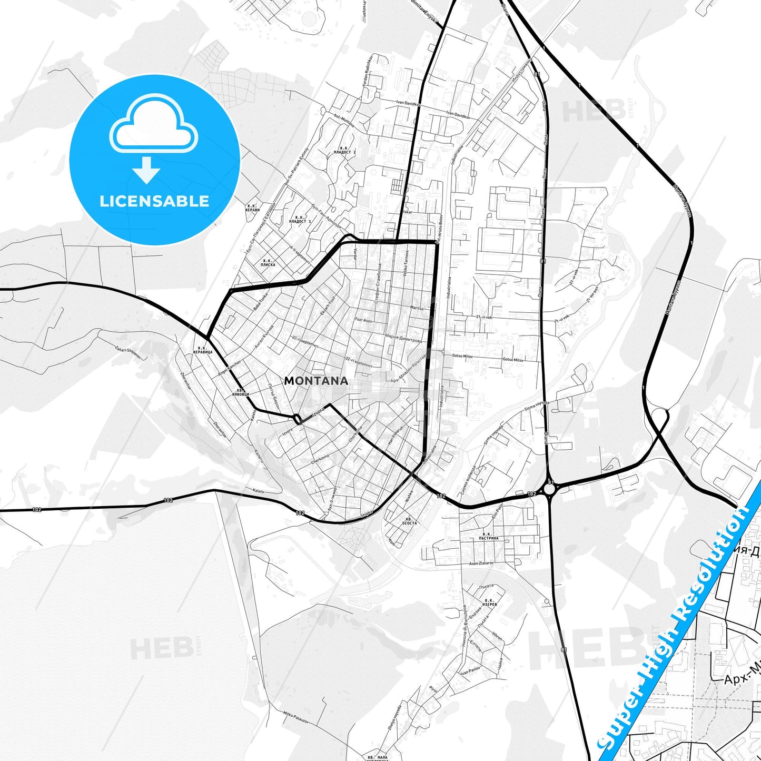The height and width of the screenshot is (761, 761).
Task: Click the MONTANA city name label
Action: click(316, 381)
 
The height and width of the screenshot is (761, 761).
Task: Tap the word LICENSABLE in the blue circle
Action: click(154, 201)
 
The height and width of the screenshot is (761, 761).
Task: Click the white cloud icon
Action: click(153, 124)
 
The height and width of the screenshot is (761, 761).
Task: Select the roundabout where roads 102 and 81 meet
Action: click(550, 490)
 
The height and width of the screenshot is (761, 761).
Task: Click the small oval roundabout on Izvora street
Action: click(298, 419)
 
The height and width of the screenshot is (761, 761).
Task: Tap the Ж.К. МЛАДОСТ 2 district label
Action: click(345, 150)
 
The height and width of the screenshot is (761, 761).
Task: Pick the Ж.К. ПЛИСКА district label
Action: click(269, 262)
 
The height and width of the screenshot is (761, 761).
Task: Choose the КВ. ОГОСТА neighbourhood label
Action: click(409, 521)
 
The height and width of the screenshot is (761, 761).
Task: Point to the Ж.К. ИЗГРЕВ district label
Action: click(489, 602)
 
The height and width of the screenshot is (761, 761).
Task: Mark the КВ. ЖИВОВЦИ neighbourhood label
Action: click(240, 392)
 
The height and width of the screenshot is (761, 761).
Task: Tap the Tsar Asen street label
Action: click(363, 320)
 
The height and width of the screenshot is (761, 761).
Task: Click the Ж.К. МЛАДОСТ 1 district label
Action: click(300, 220)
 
